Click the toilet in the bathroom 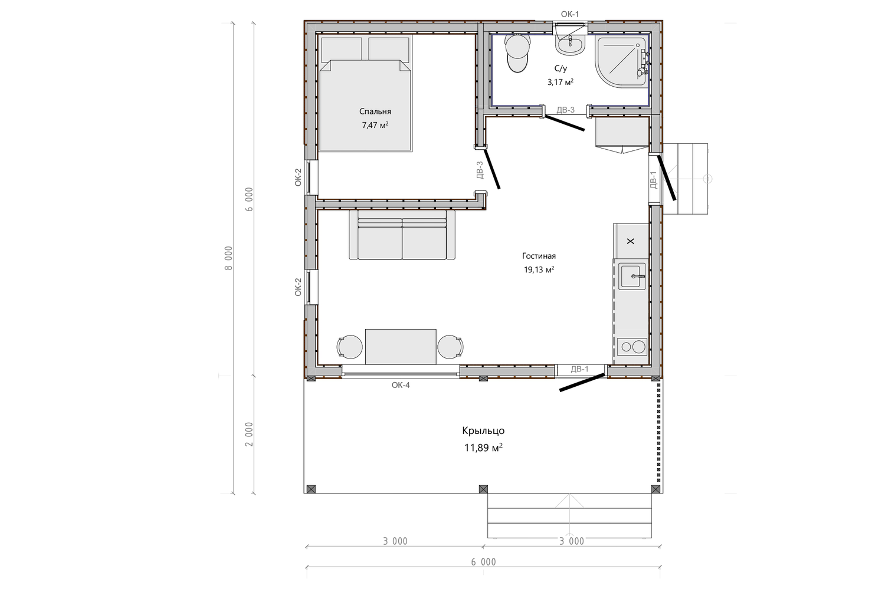point(517,53)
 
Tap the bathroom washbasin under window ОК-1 point(571,45)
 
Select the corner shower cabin point(621,61)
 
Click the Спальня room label point(375,111)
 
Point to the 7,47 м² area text point(375,125)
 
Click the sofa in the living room point(402,235)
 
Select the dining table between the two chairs point(401,347)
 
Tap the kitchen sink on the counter point(632,276)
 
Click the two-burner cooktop point(632,347)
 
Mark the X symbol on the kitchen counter point(631,241)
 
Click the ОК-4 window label point(401,385)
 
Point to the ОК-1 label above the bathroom point(570,14)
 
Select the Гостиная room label point(539,256)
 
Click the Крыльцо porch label point(483,430)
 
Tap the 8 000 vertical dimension point(229,258)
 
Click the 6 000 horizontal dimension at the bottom point(483,562)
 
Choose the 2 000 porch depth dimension point(248,434)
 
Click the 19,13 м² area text point(539,269)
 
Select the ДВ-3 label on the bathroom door point(565,110)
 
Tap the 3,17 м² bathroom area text point(560,82)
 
